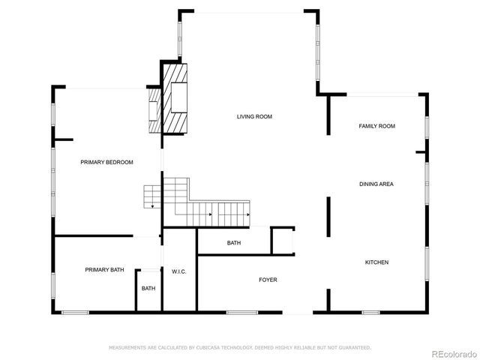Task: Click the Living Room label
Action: click(254, 117)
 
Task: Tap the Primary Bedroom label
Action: click(106, 163)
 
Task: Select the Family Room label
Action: click(376, 127)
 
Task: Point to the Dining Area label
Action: click(376, 184)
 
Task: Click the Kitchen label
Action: click(376, 262)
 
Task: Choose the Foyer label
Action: click(268, 280)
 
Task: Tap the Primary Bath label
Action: click(104, 270)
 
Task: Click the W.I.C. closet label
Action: click(179, 271)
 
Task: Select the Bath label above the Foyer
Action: click(234, 243)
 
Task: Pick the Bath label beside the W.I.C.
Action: click(148, 289)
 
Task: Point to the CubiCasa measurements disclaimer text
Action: click(240, 348)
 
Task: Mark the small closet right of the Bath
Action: click(283, 241)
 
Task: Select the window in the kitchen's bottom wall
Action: click(370, 312)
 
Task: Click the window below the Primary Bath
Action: click(75, 312)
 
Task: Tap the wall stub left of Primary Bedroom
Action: click(63, 139)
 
